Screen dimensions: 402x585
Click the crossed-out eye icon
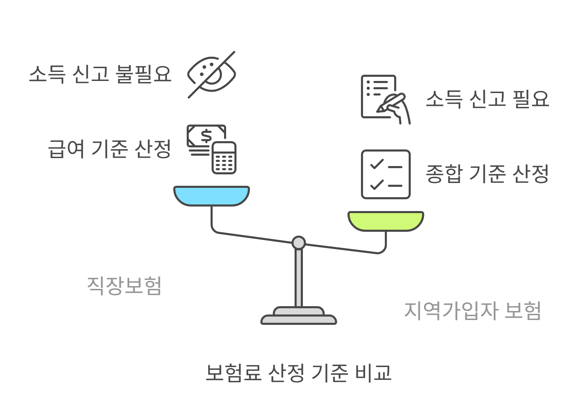pos(211,74)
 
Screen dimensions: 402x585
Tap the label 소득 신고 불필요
pos(100,74)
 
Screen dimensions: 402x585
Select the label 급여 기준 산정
pos(110,149)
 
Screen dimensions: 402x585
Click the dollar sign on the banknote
pos(206,136)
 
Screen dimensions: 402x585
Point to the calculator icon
pos(224,158)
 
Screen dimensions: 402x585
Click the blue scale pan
pos(211,196)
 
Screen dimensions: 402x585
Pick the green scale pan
pos(386,221)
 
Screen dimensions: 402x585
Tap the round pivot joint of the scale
pos(298,243)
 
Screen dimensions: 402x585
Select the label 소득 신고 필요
pos(487,99)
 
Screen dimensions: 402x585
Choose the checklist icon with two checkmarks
pos(386,174)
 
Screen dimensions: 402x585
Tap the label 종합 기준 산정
pos(487,174)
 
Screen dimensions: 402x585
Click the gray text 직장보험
pos(124,285)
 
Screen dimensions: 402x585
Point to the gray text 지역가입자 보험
pos(472,310)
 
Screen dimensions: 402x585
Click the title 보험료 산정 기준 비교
pos(298,373)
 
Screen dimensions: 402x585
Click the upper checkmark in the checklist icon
pos(377,164)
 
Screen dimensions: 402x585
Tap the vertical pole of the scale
pos(298,277)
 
